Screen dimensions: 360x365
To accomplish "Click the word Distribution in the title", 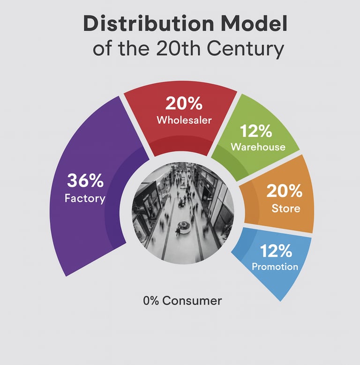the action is pyautogui.click(x=148, y=24).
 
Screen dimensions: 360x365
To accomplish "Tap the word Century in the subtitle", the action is pyautogui.click(x=246, y=49).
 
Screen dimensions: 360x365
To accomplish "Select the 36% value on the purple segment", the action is pyautogui.click(x=85, y=180).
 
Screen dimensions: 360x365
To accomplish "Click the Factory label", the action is pyautogui.click(x=85, y=198).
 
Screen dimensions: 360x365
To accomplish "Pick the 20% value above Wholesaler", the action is pyautogui.click(x=184, y=103).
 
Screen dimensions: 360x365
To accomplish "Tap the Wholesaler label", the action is pyautogui.click(x=184, y=120).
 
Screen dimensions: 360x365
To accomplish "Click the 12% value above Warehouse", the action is pyautogui.click(x=256, y=131).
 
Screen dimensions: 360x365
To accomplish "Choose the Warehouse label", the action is pyautogui.click(x=258, y=147).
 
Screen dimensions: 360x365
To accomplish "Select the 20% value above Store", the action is pyautogui.click(x=285, y=191).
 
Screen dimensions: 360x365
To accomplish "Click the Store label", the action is pyautogui.click(x=286, y=208).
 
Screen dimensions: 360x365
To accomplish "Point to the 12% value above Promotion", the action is pyautogui.click(x=276, y=251).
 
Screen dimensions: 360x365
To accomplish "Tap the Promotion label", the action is pyautogui.click(x=275, y=267).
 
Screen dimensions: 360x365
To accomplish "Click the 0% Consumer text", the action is pyautogui.click(x=182, y=300).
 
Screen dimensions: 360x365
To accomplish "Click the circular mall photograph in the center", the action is pyautogui.click(x=183, y=213).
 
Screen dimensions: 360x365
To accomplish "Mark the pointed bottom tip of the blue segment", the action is pyautogui.click(x=280, y=301).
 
